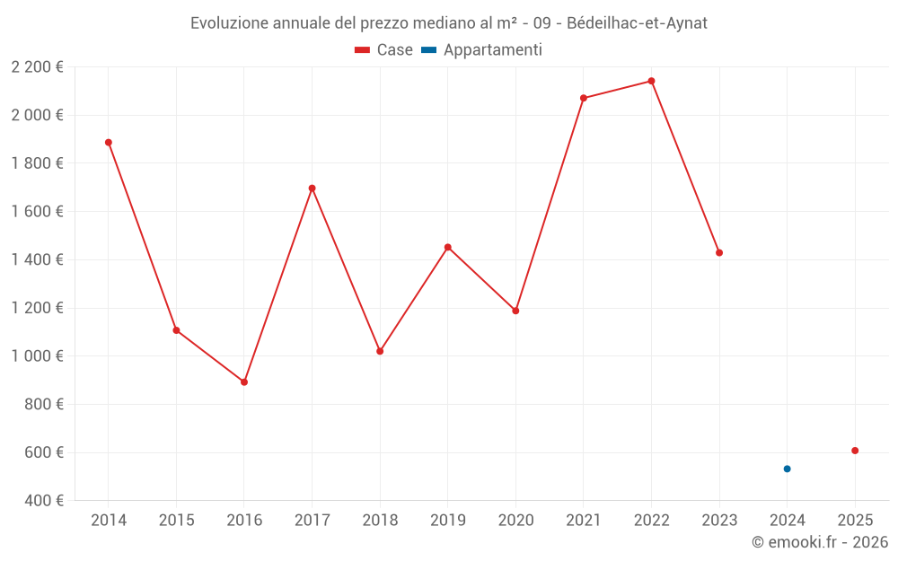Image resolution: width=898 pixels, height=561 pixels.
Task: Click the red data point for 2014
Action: coord(109,143)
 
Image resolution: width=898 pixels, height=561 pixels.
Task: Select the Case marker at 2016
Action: coord(244,382)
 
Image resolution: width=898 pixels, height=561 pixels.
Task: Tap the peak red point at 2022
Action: coord(651,81)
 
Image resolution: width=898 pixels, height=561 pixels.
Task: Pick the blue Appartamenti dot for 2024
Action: coord(787,469)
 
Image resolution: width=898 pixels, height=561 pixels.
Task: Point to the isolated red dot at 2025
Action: coord(855,451)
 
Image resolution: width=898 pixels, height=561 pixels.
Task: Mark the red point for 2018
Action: coord(380,351)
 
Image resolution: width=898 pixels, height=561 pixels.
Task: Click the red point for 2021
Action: coord(584,98)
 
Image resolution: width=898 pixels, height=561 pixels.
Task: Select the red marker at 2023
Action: coord(719,253)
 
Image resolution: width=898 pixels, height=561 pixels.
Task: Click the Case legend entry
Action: coord(383,50)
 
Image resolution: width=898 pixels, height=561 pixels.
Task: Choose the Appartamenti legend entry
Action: coord(482,50)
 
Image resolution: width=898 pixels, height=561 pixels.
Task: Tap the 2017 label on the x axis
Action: coord(312,521)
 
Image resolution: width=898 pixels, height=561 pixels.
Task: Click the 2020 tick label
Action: coord(515,521)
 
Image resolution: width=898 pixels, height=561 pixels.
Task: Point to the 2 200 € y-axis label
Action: coord(38,67)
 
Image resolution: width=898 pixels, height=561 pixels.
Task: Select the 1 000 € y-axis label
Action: coord(38,356)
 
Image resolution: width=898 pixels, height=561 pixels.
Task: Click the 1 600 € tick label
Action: coord(38,212)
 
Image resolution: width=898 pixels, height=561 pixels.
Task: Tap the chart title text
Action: coord(449,23)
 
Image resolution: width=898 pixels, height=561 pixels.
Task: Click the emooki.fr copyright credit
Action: coord(820,542)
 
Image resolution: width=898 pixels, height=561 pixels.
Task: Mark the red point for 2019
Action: coord(448,247)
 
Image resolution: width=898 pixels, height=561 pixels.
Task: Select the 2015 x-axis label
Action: coord(176,521)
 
